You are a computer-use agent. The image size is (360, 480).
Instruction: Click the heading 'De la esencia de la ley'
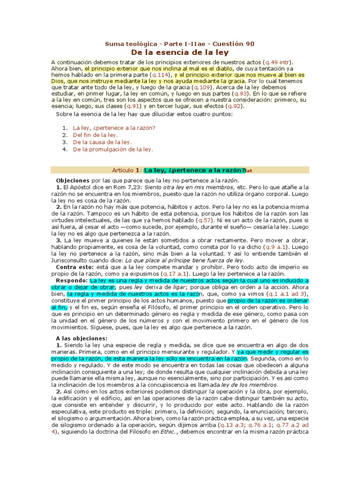click(x=180, y=52)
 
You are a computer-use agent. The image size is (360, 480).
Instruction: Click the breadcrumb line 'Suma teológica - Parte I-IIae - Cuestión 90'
click(x=180, y=44)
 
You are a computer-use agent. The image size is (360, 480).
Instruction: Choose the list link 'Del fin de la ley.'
click(x=95, y=135)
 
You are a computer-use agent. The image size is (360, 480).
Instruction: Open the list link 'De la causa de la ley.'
click(x=102, y=142)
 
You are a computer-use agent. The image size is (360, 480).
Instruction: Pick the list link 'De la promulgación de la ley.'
click(x=113, y=150)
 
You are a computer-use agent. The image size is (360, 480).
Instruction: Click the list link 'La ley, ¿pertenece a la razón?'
click(x=114, y=127)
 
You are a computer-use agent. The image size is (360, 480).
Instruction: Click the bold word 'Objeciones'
click(x=73, y=180)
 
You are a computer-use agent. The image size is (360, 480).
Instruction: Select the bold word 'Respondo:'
click(x=72, y=280)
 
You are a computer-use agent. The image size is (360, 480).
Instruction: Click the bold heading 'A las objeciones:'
click(x=82, y=338)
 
